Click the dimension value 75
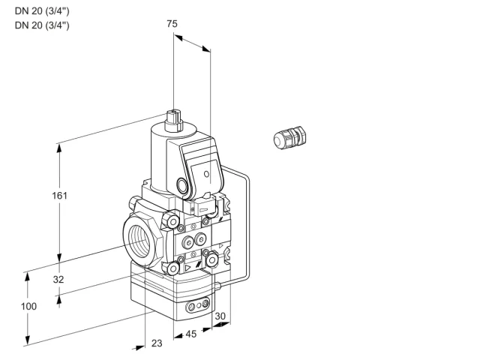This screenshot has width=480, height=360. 172,23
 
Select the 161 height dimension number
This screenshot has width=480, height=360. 59,195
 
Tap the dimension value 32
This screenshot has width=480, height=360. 58,279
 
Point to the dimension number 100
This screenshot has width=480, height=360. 28,306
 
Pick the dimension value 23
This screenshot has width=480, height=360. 157,343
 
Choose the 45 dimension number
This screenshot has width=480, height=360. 191,334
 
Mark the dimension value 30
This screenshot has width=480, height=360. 220,316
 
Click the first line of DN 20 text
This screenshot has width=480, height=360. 42,11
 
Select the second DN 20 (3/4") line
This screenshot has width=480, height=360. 42,25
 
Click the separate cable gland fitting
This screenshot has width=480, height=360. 289,138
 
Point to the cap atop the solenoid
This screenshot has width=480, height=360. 173,121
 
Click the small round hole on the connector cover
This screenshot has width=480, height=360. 207,174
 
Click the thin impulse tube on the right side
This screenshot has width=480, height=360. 247,226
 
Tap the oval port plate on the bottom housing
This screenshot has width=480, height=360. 197,305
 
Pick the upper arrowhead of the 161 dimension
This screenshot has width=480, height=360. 59,148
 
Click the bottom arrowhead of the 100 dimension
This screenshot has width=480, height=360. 28,340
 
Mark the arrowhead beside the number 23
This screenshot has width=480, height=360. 139,348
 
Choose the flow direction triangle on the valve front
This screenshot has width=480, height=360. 187,268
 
